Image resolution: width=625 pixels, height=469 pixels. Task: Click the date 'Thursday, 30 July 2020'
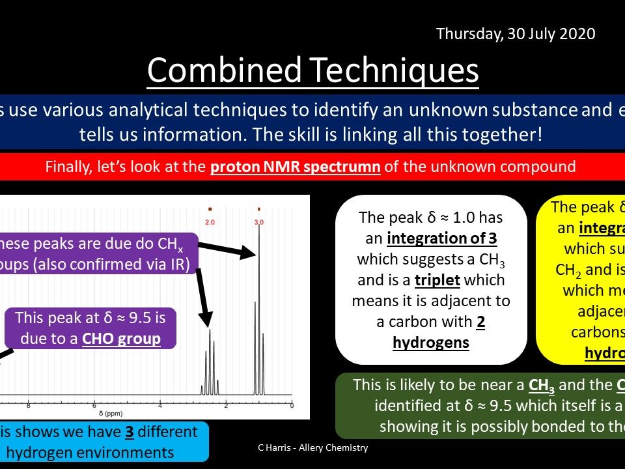[515, 33]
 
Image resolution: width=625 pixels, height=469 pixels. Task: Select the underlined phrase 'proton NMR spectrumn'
[295, 166]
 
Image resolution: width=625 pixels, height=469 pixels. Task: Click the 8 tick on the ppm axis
[28, 406]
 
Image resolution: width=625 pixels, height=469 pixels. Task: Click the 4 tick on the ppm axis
[160, 406]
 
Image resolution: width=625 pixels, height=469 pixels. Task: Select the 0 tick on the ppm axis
[292, 406]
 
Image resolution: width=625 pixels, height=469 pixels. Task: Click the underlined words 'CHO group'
[122, 339]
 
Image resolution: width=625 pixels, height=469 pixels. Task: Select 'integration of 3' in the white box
[442, 239]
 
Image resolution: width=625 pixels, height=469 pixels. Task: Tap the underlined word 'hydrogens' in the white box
[431, 342]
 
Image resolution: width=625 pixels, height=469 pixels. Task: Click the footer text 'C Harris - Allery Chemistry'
[312, 448]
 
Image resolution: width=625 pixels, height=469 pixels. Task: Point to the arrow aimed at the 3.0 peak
[225, 250]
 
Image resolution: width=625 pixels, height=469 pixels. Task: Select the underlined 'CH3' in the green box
[542, 385]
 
